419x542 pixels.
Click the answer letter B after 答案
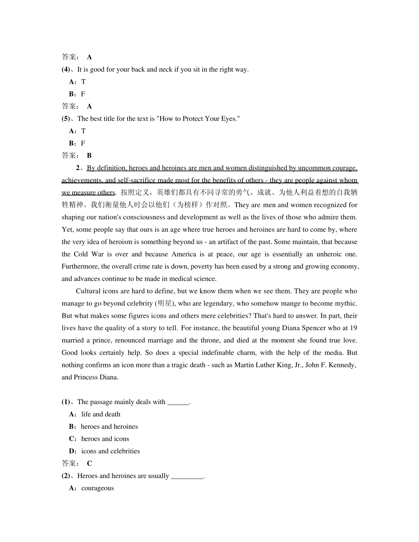(89, 156)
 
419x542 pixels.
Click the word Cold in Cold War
(81, 254)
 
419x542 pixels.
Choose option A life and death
(101, 414)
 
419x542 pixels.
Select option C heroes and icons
(105, 439)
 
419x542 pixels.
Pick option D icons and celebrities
(110, 451)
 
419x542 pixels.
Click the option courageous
(97, 488)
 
